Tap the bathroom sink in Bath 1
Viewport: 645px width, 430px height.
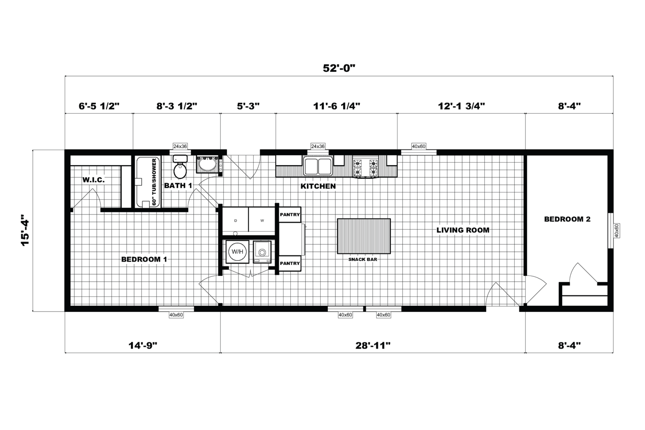point(206,164)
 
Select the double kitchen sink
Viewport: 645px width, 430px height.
point(318,166)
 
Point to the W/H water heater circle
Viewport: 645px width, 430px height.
point(237,251)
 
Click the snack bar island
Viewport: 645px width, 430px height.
point(364,236)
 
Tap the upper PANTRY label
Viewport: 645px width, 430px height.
point(290,215)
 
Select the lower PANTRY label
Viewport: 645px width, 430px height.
point(290,263)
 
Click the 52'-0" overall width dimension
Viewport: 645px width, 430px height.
point(339,68)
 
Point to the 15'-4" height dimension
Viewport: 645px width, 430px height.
point(25,230)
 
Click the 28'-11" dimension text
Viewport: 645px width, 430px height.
point(373,345)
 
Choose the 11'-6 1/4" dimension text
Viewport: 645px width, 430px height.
point(336,106)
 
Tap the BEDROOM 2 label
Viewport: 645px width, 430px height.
point(567,219)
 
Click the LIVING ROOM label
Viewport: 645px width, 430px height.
point(463,230)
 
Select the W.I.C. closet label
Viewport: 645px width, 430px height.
point(93,180)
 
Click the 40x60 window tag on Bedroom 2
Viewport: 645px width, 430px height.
point(617,231)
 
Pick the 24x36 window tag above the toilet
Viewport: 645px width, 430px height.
point(180,146)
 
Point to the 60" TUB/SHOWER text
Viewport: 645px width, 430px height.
point(154,182)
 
